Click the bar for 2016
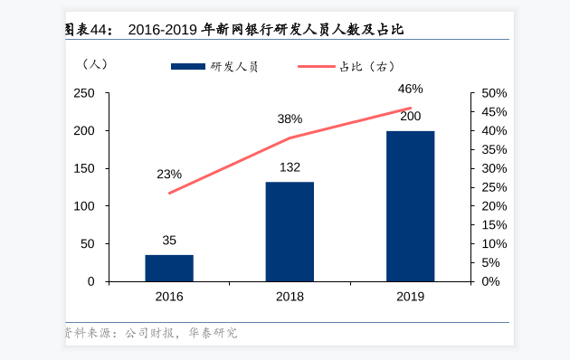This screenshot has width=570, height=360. tap(169, 268)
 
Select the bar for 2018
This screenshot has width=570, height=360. tap(290, 232)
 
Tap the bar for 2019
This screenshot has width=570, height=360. tap(410, 206)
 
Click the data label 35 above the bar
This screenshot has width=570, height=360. tap(169, 241)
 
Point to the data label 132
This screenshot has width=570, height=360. tap(290, 167)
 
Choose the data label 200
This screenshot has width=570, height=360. tap(410, 117)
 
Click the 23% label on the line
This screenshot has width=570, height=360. tap(169, 174)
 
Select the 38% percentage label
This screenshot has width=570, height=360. tap(290, 119)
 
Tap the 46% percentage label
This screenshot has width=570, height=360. tap(410, 89)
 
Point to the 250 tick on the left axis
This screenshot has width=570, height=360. tap(84, 93)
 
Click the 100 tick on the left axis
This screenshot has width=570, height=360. tap(84, 206)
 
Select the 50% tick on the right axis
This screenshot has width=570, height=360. tap(494, 93)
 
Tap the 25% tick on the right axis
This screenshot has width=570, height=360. tap(494, 187)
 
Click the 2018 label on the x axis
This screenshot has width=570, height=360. tap(290, 297)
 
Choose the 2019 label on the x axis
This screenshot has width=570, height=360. tap(410, 297)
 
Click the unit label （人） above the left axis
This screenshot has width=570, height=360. tap(94, 64)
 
